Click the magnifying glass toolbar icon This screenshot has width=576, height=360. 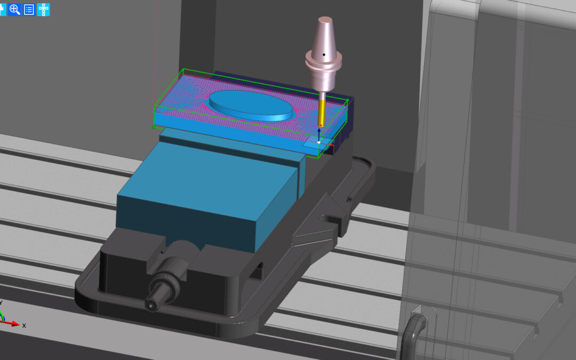[15, 10]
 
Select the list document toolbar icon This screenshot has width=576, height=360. [29, 10]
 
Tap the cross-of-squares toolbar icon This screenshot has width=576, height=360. [43, 10]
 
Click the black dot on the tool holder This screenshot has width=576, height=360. [324, 55]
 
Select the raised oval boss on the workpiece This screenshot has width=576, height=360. [251, 106]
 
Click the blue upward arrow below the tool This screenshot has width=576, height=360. [319, 134]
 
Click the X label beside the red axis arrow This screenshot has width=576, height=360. [24, 325]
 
